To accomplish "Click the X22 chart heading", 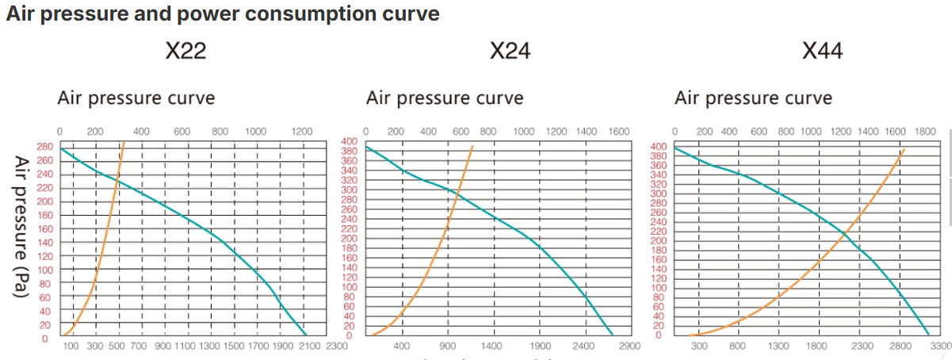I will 186,52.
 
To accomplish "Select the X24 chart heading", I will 510,52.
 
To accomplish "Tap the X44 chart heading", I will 822,52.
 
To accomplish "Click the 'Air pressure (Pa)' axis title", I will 21,226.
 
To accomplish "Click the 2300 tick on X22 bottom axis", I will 336,347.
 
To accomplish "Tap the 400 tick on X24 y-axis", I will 350,141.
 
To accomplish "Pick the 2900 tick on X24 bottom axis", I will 629,347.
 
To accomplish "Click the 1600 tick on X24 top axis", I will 618,132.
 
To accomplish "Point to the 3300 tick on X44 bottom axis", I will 941,347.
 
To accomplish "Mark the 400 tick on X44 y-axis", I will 659,147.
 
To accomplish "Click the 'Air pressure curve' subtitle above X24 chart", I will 444,98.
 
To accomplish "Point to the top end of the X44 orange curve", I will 904,147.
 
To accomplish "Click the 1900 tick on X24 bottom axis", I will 540,347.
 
